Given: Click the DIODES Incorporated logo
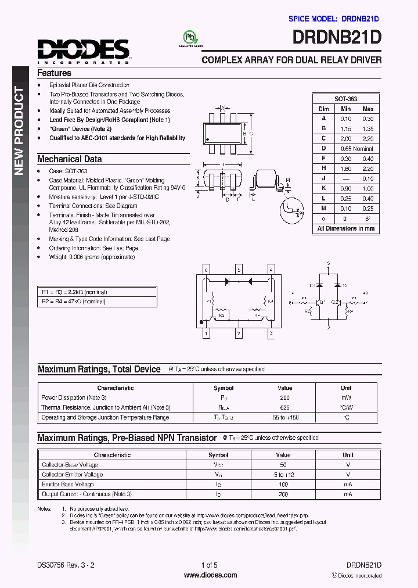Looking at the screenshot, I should pyautogui.click(x=84, y=51).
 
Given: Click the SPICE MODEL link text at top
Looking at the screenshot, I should pyautogui.click(x=334, y=19).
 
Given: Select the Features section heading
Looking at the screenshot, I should pyautogui.click(x=54, y=73).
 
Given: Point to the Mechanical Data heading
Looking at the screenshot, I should pyautogui.click(x=69, y=159).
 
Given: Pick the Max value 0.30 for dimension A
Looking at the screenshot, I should pyautogui.click(x=367, y=119).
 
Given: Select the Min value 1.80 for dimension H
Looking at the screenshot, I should pyautogui.click(x=345, y=168).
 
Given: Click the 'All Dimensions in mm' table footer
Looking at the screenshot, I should pyautogui.click(x=345, y=228).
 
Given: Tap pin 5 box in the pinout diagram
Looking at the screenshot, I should pyautogui.click(x=239, y=270).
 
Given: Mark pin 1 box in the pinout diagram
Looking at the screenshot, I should pyautogui.click(x=206, y=334).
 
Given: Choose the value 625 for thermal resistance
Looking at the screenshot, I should pyautogui.click(x=284, y=407).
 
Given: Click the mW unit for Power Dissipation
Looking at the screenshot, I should pyautogui.click(x=346, y=397).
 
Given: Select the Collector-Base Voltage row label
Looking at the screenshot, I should pyautogui.click(x=70, y=465).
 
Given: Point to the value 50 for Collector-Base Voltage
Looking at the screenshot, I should pyautogui.click(x=283, y=465).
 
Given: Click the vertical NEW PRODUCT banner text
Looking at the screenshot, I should pyautogui.click(x=19, y=131).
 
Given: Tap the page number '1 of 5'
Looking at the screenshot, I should pyautogui.click(x=209, y=565).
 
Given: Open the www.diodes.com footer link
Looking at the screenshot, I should pyautogui.click(x=210, y=575).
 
